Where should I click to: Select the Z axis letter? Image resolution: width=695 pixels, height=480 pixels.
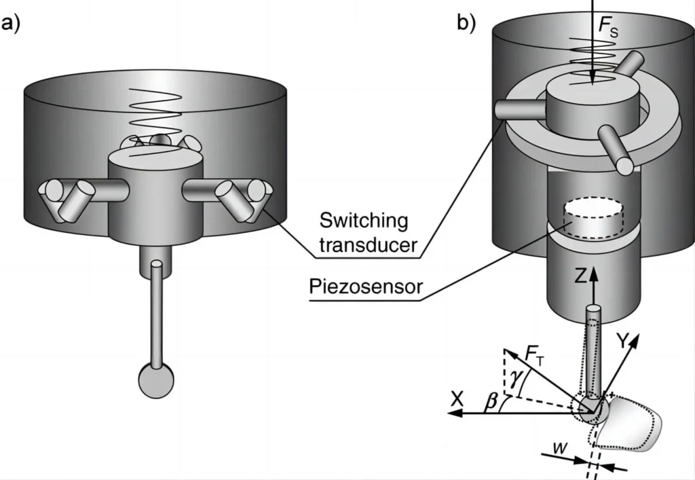point(579,277)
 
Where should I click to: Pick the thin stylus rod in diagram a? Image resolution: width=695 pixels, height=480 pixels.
point(157,312)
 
